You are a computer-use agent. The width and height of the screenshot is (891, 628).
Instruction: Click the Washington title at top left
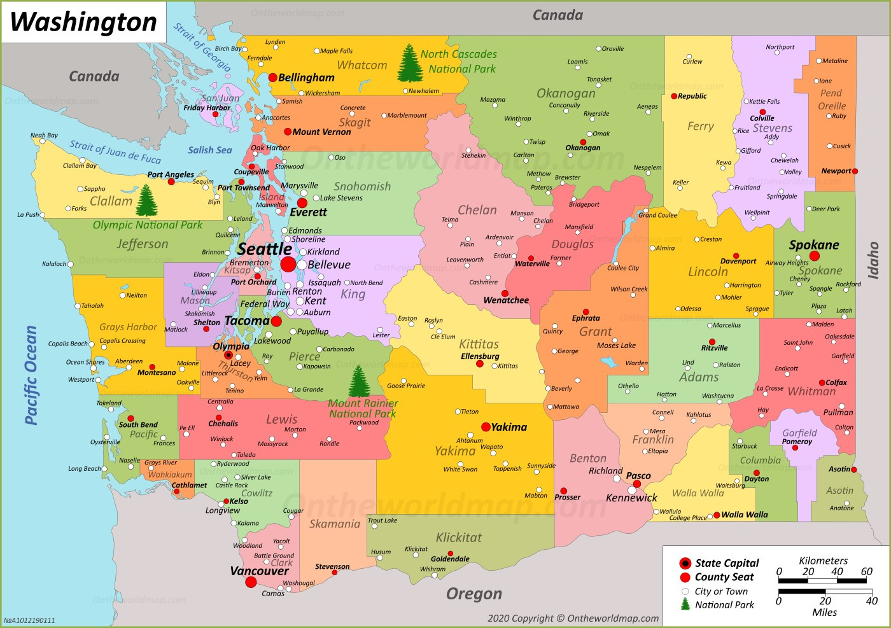tap(83, 22)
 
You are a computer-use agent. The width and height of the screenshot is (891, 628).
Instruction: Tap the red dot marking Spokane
tap(814, 256)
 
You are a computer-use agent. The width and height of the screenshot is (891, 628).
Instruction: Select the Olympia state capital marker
tap(228, 355)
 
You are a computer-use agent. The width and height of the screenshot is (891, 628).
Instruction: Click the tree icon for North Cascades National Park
tap(410, 63)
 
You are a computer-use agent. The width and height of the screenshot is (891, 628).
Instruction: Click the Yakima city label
tap(509, 427)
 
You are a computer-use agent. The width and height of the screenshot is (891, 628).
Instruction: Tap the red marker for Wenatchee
tap(505, 293)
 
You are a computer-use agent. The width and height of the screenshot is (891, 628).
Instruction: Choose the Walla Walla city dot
tap(717, 515)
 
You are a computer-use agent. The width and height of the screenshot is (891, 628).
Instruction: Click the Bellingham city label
tap(306, 78)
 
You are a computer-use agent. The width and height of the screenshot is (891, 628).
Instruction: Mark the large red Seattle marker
tap(288, 264)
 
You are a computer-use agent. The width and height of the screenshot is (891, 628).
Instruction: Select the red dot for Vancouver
tap(251, 582)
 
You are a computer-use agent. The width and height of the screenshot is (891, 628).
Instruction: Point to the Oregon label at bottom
tap(474, 594)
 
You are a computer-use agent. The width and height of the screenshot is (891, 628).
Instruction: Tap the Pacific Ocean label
tap(31, 375)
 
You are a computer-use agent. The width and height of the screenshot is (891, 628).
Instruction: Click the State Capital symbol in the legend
tap(685, 563)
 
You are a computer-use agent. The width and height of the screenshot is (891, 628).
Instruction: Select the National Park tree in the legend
tap(685, 604)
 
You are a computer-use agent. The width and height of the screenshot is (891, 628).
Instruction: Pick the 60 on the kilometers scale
tap(867, 571)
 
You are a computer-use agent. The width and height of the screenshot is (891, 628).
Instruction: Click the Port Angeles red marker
tap(171, 182)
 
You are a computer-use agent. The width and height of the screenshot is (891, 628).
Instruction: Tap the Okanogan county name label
tap(566, 94)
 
